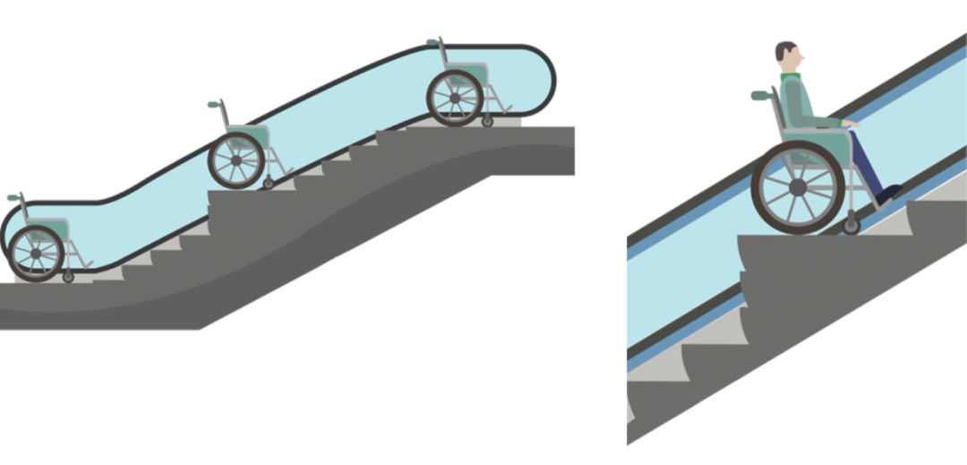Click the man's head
pos(788,56)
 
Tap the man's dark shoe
pos(888,193)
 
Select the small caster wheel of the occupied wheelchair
pos(851,226)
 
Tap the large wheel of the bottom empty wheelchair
pos(36,254)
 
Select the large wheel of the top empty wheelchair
pos(455,98)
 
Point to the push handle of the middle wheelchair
pos(214,104)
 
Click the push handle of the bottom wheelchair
pos(13,196)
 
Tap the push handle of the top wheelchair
pos(432,41)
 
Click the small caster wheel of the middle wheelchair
pos(269,184)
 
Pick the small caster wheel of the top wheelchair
pos(487,120)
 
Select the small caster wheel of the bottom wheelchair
pos(68,276)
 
